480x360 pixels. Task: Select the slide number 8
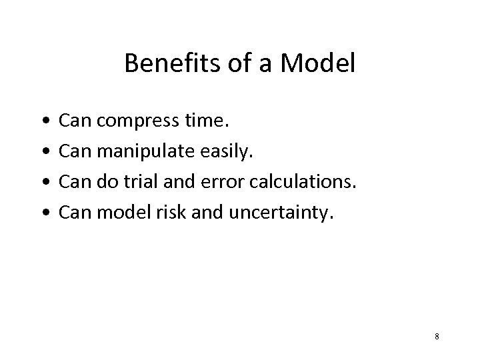[437, 336]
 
